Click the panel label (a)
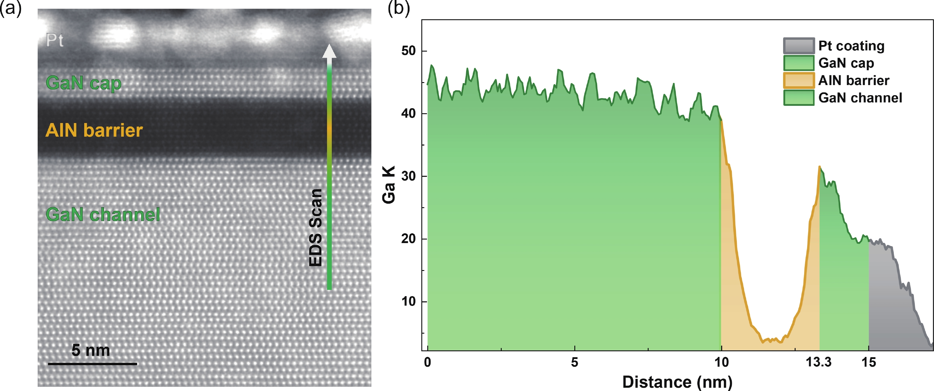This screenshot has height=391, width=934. tap(11, 8)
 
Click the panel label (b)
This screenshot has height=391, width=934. tap(399, 8)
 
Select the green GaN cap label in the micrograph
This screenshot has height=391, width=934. tap(83, 83)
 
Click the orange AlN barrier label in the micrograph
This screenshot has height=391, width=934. tap(94, 130)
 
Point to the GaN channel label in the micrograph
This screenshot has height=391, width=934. tap(103, 215)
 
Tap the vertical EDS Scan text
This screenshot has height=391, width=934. tap(315, 228)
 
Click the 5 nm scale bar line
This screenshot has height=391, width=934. tap(93, 364)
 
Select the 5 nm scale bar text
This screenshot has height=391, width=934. tap(91, 350)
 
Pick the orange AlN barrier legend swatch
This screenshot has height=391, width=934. tap(799, 80)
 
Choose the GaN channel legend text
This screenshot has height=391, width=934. tap(860, 98)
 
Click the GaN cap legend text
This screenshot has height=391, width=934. tap(846, 63)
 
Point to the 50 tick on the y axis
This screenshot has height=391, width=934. tap(408, 51)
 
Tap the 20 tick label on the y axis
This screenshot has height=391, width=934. tap(408, 239)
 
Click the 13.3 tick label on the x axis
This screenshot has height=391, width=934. tap(818, 362)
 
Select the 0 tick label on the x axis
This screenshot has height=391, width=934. tap(428, 362)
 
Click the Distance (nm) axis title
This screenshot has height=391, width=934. tap(677, 382)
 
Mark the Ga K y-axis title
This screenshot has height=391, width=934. tap(389, 185)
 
